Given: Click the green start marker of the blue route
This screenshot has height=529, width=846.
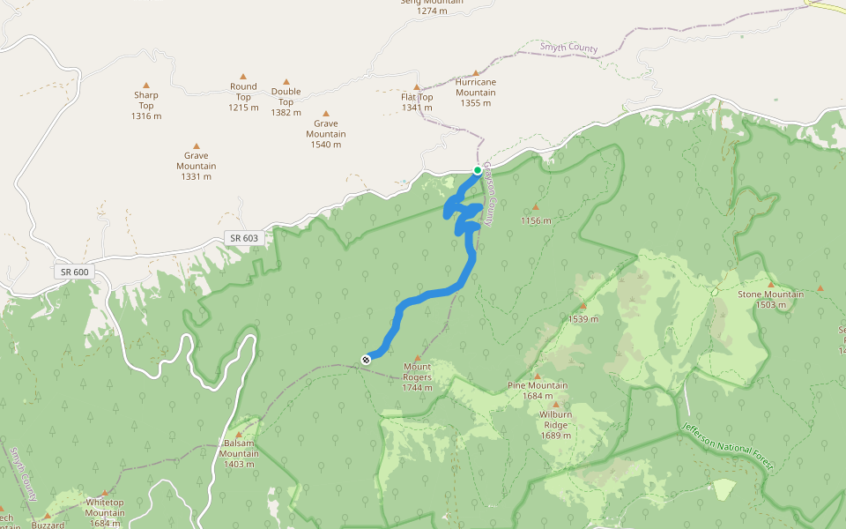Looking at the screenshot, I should click(477, 170).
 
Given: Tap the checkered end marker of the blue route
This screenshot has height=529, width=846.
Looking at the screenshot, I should click(366, 358).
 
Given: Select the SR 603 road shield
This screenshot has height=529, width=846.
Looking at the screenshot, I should click(244, 238).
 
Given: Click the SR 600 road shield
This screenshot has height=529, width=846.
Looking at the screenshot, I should click(76, 272).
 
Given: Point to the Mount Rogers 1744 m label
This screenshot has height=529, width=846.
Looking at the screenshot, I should click(417, 376).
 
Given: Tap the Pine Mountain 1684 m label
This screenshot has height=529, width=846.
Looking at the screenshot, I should click(538, 391).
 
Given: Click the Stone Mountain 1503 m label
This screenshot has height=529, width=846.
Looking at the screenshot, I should click(770, 299).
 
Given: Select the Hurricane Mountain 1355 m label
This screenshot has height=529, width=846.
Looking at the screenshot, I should click(476, 92).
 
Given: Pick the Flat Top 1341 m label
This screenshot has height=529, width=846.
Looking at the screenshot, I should click(417, 101).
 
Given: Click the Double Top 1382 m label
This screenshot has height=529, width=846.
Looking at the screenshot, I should click(286, 101).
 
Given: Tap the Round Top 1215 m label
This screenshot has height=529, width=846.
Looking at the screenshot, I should click(243, 97).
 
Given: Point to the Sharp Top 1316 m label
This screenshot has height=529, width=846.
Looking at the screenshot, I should click(146, 105).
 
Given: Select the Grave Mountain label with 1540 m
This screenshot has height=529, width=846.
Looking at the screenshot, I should click(326, 133).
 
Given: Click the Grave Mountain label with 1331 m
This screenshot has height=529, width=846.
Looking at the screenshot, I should click(196, 165).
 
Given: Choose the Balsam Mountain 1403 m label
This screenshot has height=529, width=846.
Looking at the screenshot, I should click(239, 453).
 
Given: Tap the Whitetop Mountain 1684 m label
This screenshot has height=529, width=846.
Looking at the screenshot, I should click(105, 512).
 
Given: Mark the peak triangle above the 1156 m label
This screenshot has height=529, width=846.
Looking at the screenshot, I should click(535, 207).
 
